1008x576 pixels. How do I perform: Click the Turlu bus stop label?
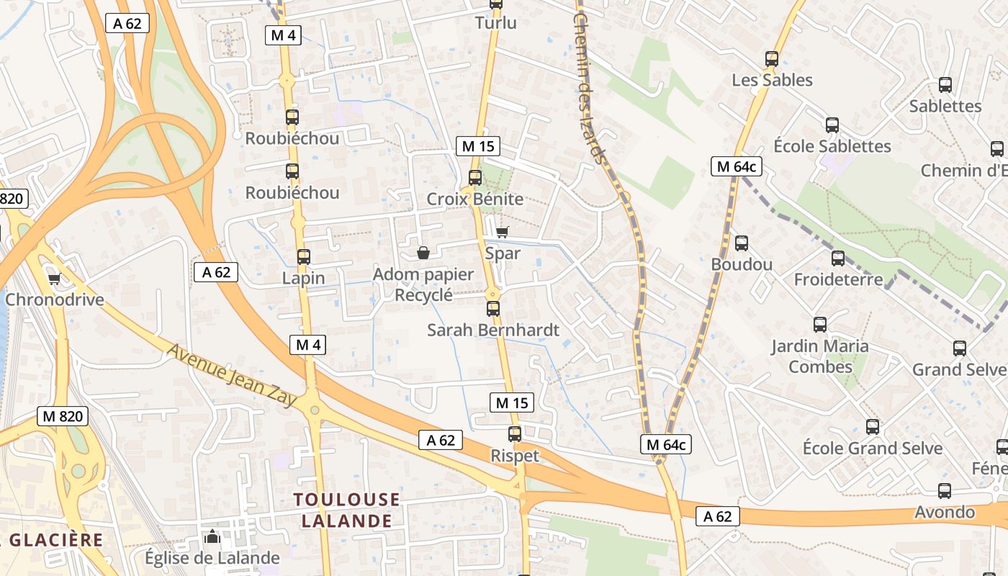point(495,23)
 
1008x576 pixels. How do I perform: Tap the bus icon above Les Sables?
point(772,59)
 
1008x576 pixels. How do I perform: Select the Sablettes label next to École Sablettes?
point(945,107)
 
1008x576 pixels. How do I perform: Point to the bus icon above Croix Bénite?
point(474,177)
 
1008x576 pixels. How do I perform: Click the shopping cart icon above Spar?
point(502,232)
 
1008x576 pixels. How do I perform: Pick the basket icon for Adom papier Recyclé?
point(423,253)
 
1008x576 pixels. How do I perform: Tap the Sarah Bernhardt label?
point(492,330)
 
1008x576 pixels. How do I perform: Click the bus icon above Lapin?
point(303,256)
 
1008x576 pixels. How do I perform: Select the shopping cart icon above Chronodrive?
point(54,279)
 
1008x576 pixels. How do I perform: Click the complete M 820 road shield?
point(63,415)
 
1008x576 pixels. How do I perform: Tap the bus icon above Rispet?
point(514,434)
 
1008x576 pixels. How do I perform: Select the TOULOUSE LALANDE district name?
point(346,510)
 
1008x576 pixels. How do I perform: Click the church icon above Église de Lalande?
point(212,536)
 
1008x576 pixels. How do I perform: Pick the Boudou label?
point(742,264)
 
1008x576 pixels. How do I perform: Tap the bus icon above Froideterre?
point(837,258)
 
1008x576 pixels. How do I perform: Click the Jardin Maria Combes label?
point(820,356)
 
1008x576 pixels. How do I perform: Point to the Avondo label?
point(944,513)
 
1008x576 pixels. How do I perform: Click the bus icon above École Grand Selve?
point(872,427)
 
